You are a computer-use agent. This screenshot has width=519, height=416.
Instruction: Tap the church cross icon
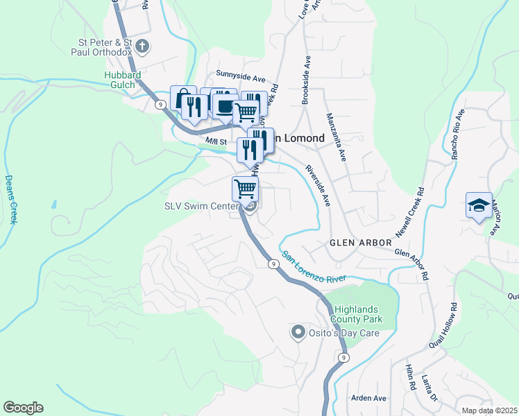point(143,47)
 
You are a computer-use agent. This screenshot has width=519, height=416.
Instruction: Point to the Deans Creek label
point(10,199)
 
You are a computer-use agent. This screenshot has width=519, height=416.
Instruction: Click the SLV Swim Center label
point(201,206)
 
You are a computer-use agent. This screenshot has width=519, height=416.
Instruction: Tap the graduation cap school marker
point(479,205)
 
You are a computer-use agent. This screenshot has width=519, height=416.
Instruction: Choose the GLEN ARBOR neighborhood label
point(352,242)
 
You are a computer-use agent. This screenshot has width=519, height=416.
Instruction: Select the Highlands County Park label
point(358,314)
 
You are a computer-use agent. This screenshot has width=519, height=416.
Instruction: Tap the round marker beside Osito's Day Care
point(298,333)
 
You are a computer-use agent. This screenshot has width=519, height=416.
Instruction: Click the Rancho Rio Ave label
point(456,135)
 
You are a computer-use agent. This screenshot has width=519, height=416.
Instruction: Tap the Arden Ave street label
point(368,398)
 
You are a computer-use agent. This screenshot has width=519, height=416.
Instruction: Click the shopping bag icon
point(182,98)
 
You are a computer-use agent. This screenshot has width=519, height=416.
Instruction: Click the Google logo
point(23,408)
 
